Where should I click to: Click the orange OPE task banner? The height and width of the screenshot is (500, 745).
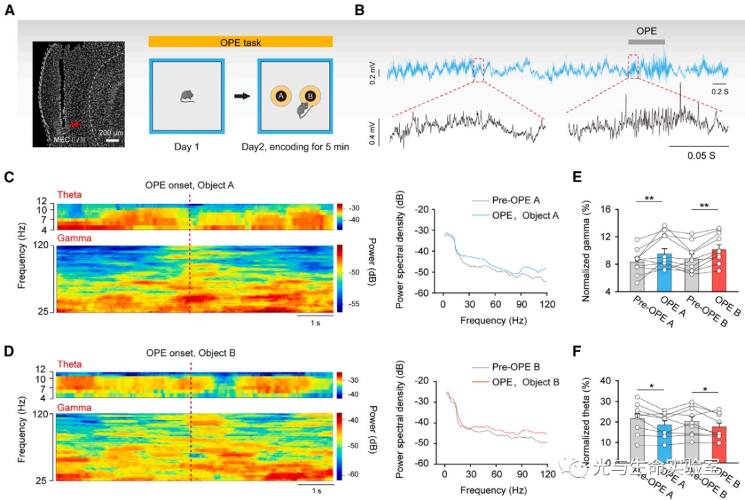pos(240,42)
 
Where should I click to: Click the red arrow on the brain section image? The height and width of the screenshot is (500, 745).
pos(75,125)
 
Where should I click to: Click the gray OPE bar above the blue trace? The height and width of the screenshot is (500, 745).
pos(646,43)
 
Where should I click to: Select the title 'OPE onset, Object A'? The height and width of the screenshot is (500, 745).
pos(190,185)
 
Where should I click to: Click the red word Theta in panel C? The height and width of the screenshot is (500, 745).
pos(70,195)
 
